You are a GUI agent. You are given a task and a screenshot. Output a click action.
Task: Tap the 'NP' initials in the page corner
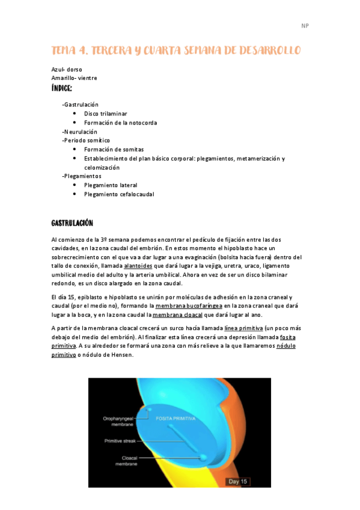(304, 26)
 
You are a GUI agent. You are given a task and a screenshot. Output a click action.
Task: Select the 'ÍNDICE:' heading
(62, 88)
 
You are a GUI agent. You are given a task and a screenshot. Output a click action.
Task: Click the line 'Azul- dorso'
(67, 69)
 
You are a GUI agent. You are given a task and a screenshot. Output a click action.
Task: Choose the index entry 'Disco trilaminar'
(105, 113)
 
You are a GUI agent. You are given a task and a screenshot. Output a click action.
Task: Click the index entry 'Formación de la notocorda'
(120, 122)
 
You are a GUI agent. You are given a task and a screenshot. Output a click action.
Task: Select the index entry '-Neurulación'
(79, 131)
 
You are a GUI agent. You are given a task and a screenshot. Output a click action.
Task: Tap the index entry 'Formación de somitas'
(114, 149)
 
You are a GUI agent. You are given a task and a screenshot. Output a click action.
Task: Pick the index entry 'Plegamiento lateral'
(111, 185)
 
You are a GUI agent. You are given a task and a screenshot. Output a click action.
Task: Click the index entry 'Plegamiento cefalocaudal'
(119, 194)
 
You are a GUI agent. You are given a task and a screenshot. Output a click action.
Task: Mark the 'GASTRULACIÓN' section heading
(73, 223)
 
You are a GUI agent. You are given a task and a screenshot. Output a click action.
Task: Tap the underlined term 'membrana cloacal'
(178, 315)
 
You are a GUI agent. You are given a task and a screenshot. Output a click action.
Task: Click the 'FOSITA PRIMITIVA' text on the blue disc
(176, 417)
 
